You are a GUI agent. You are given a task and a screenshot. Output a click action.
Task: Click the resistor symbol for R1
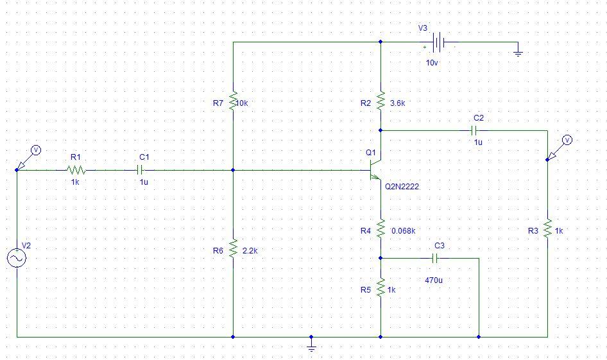pyautogui.click(x=76, y=170)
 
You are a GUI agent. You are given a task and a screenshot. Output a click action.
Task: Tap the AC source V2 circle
pyautogui.click(x=16, y=258)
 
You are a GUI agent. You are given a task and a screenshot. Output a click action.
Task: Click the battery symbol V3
pyautogui.click(x=439, y=43)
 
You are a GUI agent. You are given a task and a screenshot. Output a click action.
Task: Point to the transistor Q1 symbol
pyautogui.click(x=375, y=171)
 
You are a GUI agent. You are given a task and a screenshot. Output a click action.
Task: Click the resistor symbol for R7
pyautogui.click(x=233, y=101)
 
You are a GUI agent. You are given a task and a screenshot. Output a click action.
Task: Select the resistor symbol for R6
pyautogui.click(x=233, y=248)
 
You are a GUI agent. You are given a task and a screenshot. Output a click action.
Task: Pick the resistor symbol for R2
pyautogui.click(x=380, y=101)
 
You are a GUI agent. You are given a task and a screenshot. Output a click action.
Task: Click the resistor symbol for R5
pyautogui.click(x=380, y=287)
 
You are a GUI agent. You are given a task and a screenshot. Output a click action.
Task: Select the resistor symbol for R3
pyautogui.click(x=547, y=228)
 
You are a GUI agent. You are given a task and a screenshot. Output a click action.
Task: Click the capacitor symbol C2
pyautogui.click(x=478, y=130)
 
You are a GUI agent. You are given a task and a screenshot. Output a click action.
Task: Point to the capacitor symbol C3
pyautogui.click(x=435, y=258)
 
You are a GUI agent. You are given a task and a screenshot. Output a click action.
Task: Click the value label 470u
pyautogui.click(x=434, y=280)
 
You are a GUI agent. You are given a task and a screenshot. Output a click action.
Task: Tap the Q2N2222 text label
pyautogui.click(x=402, y=187)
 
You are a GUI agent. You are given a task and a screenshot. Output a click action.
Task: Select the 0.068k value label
pyautogui.click(x=403, y=231)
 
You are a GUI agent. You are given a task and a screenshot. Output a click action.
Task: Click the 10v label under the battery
pyautogui.click(x=432, y=63)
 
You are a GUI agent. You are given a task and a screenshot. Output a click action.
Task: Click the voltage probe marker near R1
pyautogui.click(x=36, y=150)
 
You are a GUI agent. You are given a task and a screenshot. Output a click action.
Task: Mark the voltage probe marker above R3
pyautogui.click(x=567, y=140)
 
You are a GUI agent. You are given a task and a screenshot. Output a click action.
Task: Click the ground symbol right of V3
pyautogui.click(x=518, y=53)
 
